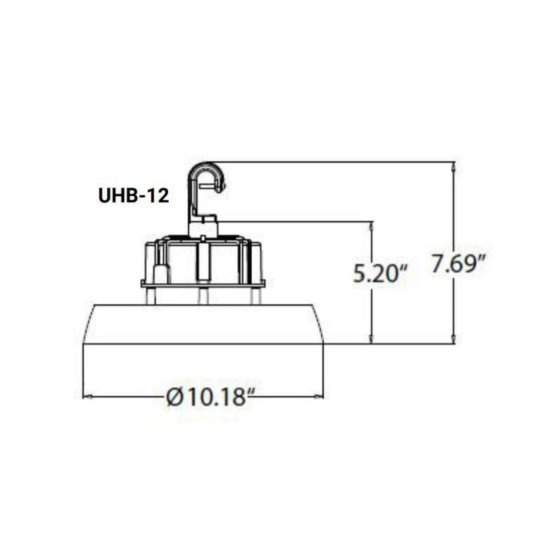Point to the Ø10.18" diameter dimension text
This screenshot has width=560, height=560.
coord(212,395)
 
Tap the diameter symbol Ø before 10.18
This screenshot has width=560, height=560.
coord(177,395)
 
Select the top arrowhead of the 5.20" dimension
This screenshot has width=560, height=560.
coord(372,226)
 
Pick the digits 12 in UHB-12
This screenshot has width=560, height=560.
coord(158,197)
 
